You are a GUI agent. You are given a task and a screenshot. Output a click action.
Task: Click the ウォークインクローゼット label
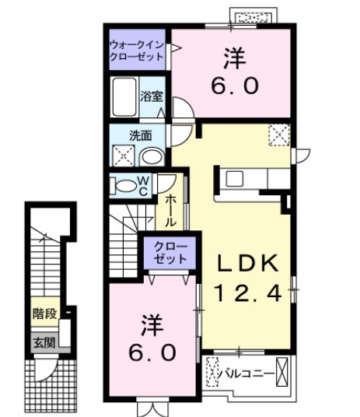tap(137, 51)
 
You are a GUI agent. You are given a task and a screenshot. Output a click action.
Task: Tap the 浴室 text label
tap(152, 97)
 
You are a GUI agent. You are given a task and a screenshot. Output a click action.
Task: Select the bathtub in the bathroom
tap(124, 98)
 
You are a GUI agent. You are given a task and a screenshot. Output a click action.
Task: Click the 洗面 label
tap(140, 135)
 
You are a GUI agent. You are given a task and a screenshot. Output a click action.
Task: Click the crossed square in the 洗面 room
tap(122, 156)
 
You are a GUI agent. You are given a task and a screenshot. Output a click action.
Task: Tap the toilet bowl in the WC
tap(124, 186)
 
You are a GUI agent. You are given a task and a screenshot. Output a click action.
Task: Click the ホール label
tap(170, 208)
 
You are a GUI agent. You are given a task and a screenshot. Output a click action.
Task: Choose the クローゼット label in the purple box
tap(163, 251)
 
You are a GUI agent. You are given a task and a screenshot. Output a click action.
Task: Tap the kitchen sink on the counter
tap(236, 179)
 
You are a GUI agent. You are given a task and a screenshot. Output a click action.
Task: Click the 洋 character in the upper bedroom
tap(230, 57)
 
